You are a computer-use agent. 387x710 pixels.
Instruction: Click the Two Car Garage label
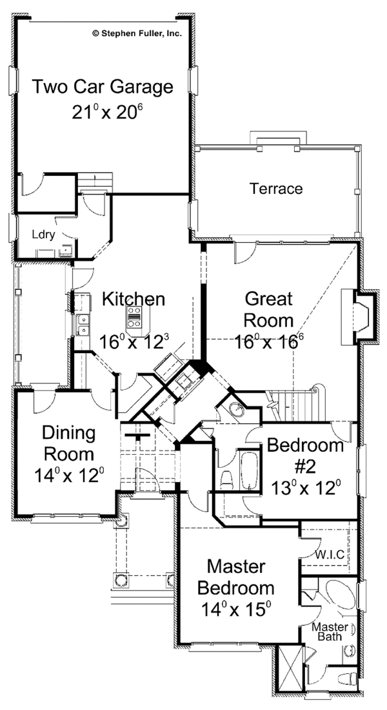coord(103,86)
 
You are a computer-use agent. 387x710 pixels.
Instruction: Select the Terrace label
coord(276,189)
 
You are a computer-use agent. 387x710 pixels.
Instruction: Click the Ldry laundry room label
coord(43,235)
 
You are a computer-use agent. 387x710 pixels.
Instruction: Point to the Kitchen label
coord(134,299)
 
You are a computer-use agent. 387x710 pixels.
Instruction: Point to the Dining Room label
coord(69,443)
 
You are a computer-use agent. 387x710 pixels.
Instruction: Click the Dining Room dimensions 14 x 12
coord(69,476)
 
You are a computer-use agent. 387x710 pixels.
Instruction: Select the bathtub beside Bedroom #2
coord(249,473)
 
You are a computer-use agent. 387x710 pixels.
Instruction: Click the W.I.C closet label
coord(329,554)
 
